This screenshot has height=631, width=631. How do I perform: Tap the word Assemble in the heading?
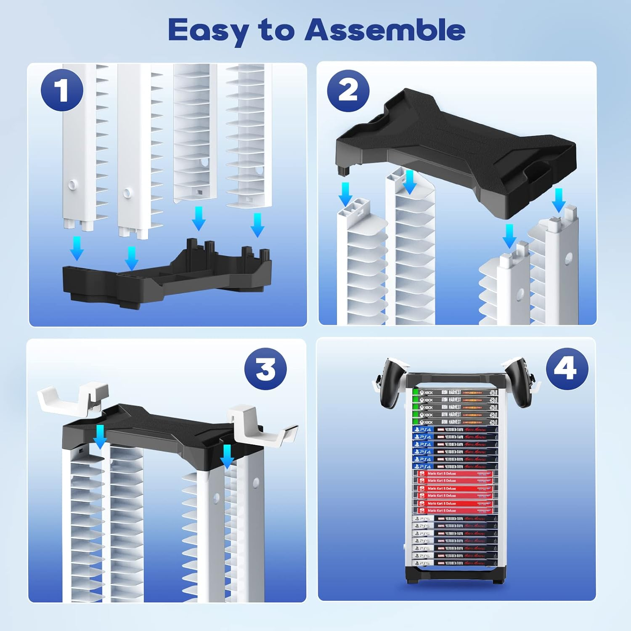[x=384, y=30]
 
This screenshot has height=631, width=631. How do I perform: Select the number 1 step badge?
[x=62, y=90]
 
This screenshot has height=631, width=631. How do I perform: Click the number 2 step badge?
[x=348, y=90]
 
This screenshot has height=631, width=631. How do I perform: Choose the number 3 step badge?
[x=265, y=369]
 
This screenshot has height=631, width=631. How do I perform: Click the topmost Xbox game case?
[x=454, y=392]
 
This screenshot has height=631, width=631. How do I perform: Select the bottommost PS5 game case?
[x=454, y=562]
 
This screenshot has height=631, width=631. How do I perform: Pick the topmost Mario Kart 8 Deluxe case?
[x=454, y=474]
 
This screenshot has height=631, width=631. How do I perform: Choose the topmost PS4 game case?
[x=454, y=430]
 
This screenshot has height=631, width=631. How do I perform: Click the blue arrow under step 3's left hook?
[x=100, y=437]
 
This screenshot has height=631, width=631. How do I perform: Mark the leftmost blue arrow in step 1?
[x=77, y=249]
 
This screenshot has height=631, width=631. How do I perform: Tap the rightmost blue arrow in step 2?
[x=559, y=200]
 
